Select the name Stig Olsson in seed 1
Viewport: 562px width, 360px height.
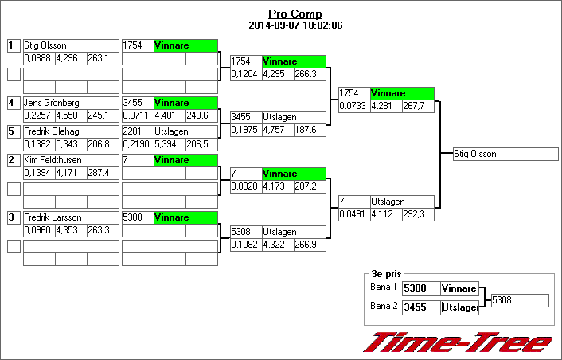click(45, 45)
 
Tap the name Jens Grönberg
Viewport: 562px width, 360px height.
click(51, 103)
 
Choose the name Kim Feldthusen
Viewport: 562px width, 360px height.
click(51, 160)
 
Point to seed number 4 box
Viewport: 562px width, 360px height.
click(13, 103)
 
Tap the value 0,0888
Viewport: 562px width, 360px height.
click(37, 58)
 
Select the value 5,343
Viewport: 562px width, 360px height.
click(69, 144)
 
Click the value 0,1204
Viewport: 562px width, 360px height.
click(244, 74)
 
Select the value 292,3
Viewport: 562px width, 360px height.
click(414, 214)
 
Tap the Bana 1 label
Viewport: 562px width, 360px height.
click(384, 287)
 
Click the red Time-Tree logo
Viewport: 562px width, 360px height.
click(457, 342)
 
